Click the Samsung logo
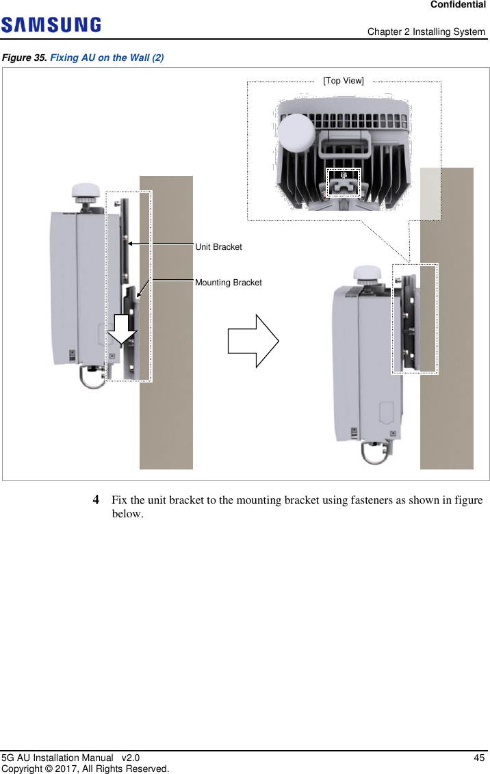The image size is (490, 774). coord(51,25)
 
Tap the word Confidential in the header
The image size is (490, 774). coord(458,5)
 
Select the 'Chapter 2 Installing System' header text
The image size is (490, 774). coord(426,32)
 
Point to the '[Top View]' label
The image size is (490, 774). coord(344,81)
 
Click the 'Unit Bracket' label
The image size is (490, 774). coord(218,246)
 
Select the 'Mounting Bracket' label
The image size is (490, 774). coord(228,282)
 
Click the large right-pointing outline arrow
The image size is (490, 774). coord(253,341)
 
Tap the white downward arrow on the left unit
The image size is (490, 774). coord(122,328)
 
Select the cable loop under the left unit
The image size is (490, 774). coord(93,375)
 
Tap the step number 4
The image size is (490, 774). coord(97,500)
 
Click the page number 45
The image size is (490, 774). coord(479,758)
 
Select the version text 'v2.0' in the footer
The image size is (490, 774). coord(130,758)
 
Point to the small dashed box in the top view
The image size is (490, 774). coord(343,182)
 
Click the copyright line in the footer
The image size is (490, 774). coord(85,769)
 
